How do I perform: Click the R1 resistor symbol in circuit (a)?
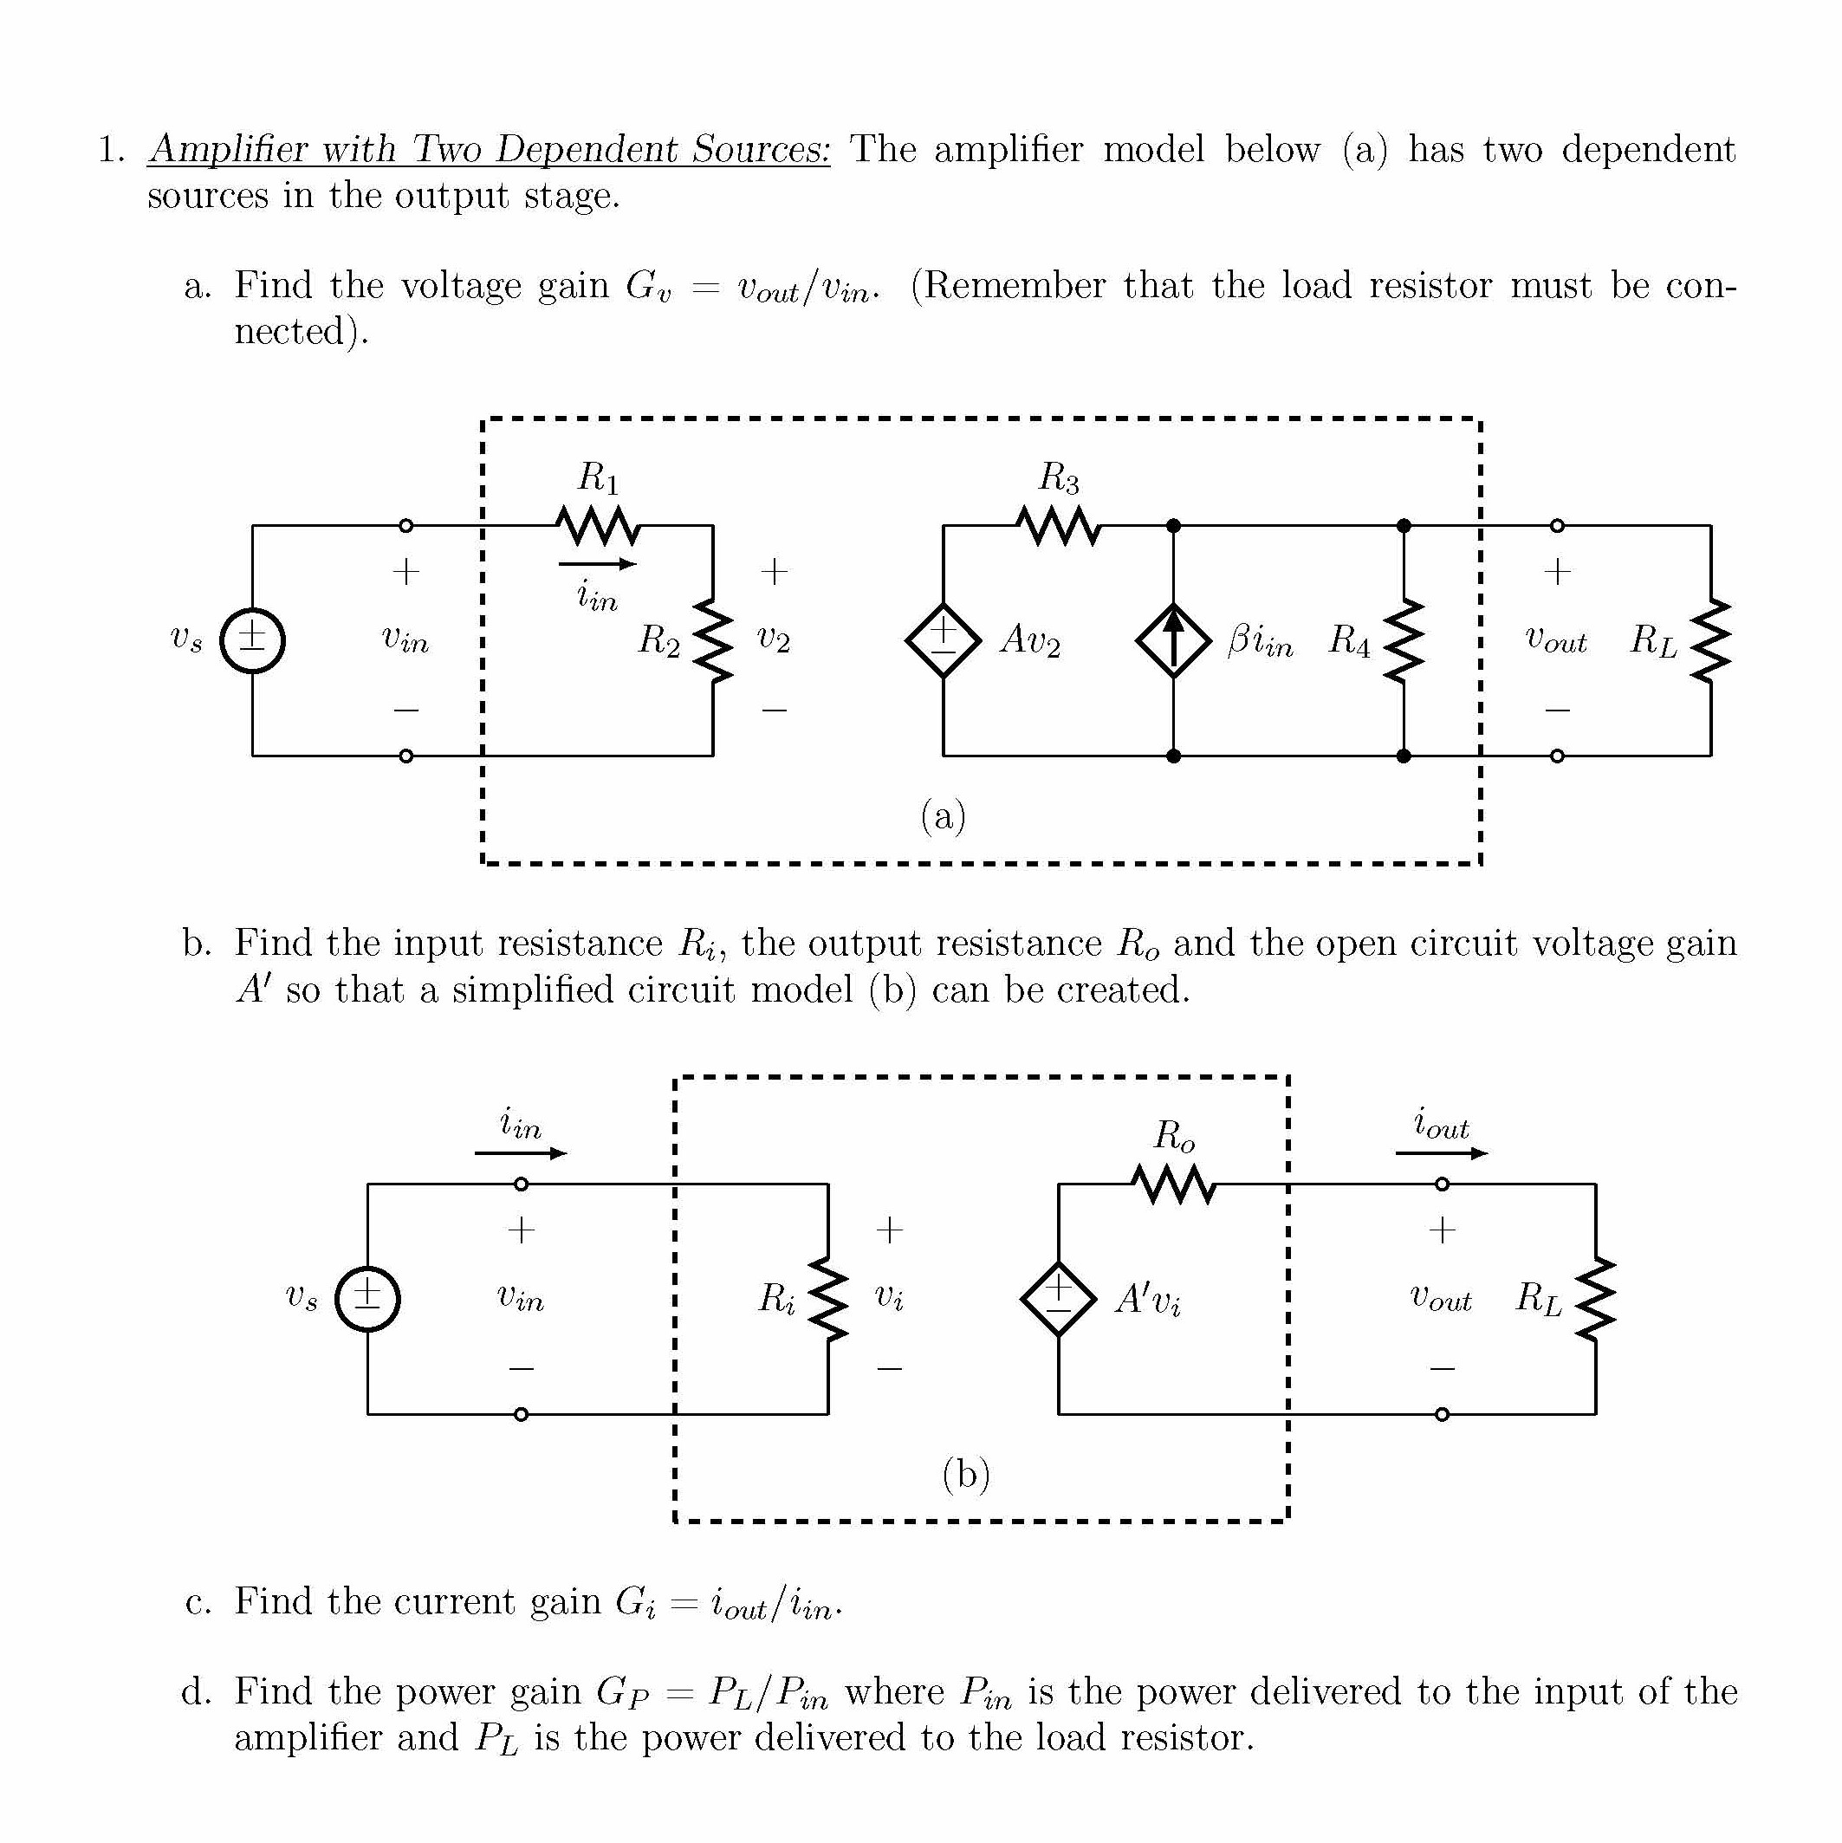(598, 525)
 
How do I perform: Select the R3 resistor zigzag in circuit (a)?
(1059, 525)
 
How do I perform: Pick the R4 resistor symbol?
(1404, 640)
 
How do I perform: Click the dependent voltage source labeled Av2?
(943, 640)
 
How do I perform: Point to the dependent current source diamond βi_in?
(1173, 640)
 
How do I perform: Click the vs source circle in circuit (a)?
(252, 640)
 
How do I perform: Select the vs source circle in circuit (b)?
(367, 1298)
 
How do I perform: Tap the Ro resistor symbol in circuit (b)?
(1173, 1184)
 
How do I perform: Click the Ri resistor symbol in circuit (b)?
(828, 1298)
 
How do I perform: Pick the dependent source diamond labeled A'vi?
(1058, 1298)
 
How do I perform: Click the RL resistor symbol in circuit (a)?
(1710, 640)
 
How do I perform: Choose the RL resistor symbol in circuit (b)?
(1595, 1298)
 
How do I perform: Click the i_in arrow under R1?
(597, 564)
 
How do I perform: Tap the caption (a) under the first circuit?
(943, 816)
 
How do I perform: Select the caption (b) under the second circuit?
(965, 1475)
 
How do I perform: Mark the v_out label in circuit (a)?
(1555, 640)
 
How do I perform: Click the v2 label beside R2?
(774, 640)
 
